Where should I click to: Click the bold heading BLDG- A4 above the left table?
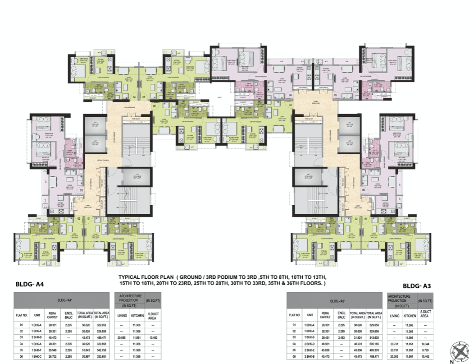[29, 285]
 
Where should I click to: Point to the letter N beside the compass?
[453, 359]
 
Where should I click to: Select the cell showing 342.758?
[101, 350]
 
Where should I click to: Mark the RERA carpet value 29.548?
[52, 350]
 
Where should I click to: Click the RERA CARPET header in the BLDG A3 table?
[325, 315]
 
